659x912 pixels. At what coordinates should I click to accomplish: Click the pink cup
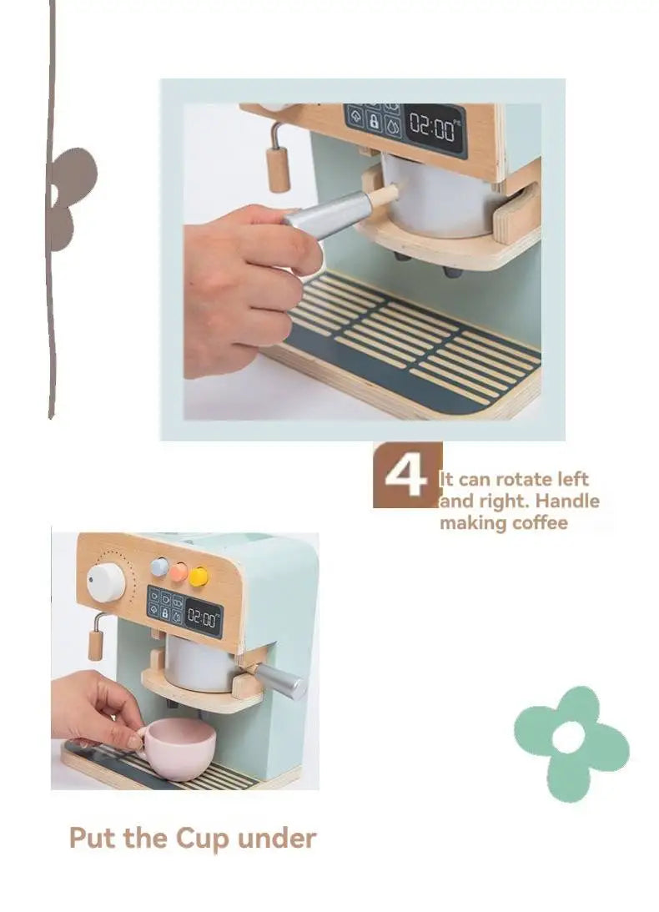coord(179,748)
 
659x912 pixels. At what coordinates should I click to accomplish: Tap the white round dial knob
coord(107,582)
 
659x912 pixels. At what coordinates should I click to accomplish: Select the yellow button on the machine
coord(199,577)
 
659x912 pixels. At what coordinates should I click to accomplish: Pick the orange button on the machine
coord(179,572)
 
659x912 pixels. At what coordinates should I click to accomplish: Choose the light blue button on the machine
coord(159,567)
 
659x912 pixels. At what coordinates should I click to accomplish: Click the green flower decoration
coord(571,742)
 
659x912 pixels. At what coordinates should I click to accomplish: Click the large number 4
coord(406,476)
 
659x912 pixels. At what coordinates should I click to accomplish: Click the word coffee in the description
coord(541,522)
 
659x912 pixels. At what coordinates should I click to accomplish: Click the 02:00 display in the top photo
coord(433,127)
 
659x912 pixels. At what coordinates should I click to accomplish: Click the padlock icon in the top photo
coord(374,122)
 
